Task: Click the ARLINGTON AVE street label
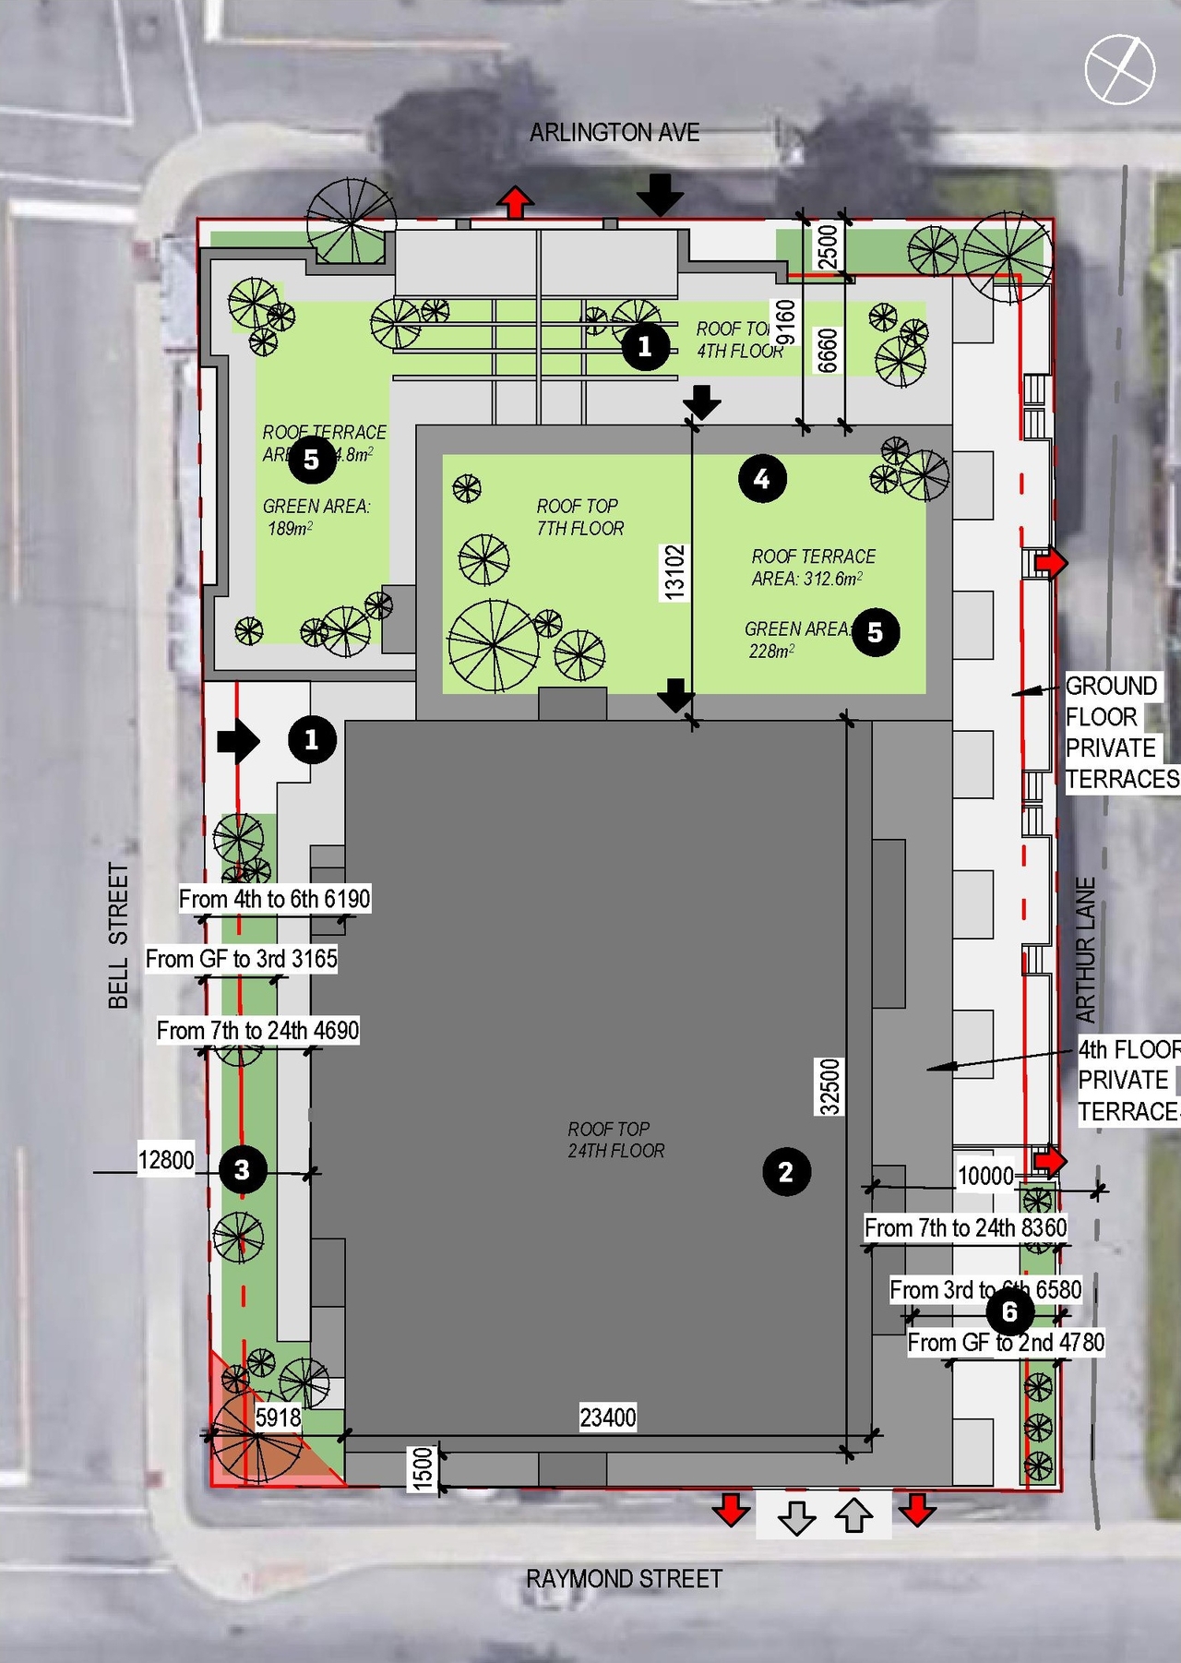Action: point(614,133)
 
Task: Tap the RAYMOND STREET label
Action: point(624,1579)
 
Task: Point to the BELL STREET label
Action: point(118,935)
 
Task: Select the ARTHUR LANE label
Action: point(1086,950)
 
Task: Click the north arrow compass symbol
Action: point(1119,69)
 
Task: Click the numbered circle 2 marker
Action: point(786,1172)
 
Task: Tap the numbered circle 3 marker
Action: point(242,1170)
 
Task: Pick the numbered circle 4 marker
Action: point(762,478)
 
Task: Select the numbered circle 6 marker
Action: point(1009,1311)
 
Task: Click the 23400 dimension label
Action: point(607,1417)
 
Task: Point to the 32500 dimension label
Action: point(830,1086)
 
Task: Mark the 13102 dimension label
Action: point(675,572)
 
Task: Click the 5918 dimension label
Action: point(278,1417)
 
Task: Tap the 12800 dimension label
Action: point(166,1159)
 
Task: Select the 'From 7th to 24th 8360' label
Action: point(965,1227)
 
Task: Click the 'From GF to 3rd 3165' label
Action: point(242,959)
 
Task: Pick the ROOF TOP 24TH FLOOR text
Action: point(615,1140)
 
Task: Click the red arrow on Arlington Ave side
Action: point(515,202)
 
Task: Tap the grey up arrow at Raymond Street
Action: point(854,1514)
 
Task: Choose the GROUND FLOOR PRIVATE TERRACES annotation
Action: point(1119,733)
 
